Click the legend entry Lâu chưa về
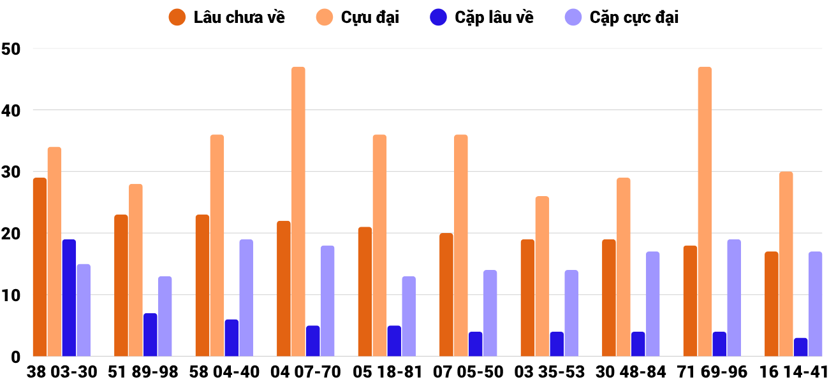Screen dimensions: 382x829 pyautogui.click(x=227, y=17)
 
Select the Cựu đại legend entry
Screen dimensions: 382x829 pyautogui.click(x=358, y=17)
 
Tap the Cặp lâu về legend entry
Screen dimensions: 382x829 pyautogui.click(x=481, y=17)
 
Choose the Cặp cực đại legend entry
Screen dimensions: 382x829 pyautogui.click(x=622, y=17)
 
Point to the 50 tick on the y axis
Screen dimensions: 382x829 pyautogui.click(x=11, y=49)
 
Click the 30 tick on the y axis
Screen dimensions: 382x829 pyautogui.click(x=11, y=173)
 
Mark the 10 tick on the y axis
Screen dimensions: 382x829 pyautogui.click(x=11, y=295)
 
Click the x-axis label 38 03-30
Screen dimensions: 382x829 pyautogui.click(x=62, y=372)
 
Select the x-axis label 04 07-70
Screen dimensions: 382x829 pyautogui.click(x=305, y=372)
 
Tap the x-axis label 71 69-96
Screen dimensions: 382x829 pyautogui.click(x=712, y=372)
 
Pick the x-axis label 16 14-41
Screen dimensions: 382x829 pyautogui.click(x=793, y=372)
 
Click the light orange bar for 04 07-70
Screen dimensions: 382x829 pyautogui.click(x=298, y=211)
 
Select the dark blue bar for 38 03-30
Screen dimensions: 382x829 pyautogui.click(x=69, y=298)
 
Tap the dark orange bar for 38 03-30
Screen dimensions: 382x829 pyautogui.click(x=40, y=267)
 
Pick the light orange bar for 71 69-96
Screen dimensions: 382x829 pyautogui.click(x=705, y=211)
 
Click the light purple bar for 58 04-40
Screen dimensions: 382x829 pyautogui.click(x=246, y=298)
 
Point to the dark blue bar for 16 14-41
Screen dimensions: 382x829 pyautogui.click(x=800, y=347)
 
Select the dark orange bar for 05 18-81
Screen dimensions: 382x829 pyautogui.click(x=365, y=292)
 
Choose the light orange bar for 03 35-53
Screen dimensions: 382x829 pyautogui.click(x=542, y=276)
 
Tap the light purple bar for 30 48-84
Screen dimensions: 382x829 pyautogui.click(x=652, y=304)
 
